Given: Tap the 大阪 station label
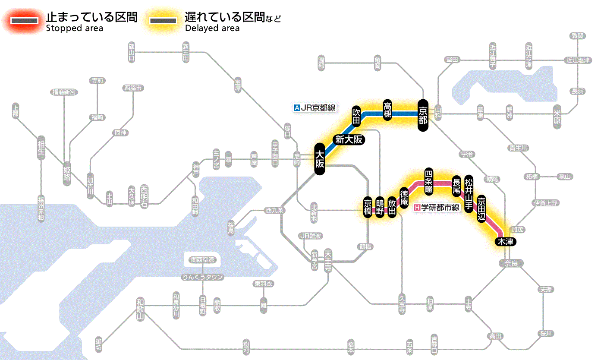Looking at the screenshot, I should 319,159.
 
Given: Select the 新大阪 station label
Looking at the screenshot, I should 349,140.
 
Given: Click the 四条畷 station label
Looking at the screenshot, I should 428,180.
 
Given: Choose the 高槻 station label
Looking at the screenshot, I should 387,111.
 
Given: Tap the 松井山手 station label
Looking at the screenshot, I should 469,193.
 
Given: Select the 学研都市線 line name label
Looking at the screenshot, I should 440,208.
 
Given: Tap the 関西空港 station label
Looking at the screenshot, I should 202,260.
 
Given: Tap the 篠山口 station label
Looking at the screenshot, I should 132,52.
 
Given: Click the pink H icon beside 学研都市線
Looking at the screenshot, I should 417,208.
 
